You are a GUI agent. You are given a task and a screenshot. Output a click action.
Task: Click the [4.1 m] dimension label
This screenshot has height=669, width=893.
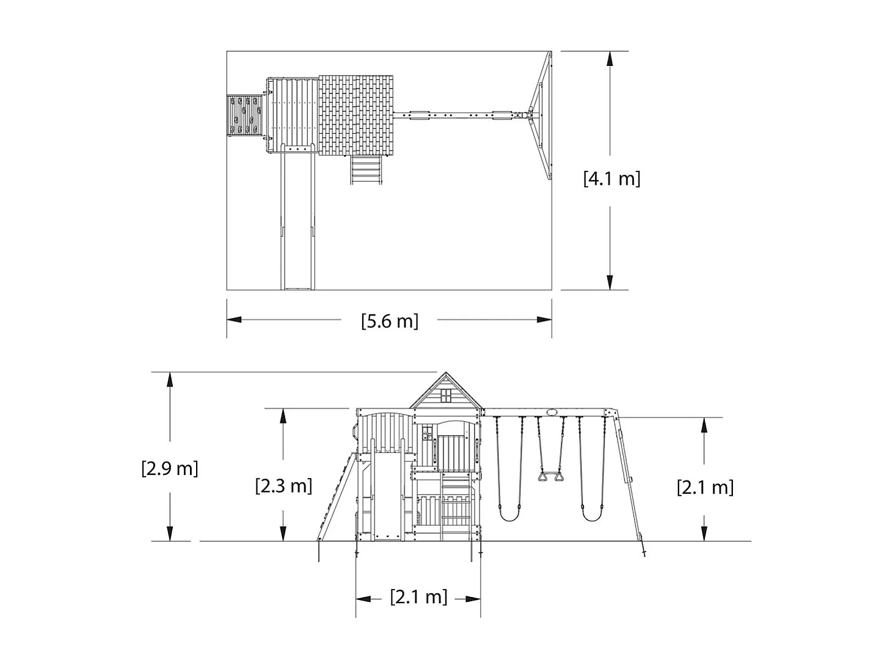pyautogui.click(x=611, y=178)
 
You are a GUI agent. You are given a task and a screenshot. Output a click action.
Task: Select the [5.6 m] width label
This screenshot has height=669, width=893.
pyautogui.click(x=389, y=320)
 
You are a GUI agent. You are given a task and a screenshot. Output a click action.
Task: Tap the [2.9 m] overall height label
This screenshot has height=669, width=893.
pyautogui.click(x=170, y=468)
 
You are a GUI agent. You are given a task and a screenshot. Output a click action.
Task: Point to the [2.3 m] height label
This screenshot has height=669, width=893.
pyautogui.click(x=283, y=485)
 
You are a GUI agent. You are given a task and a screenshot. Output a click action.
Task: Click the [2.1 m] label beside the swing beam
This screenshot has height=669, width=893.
pyautogui.click(x=705, y=486)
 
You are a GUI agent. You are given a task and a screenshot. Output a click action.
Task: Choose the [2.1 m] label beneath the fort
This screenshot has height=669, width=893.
pyautogui.click(x=418, y=596)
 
